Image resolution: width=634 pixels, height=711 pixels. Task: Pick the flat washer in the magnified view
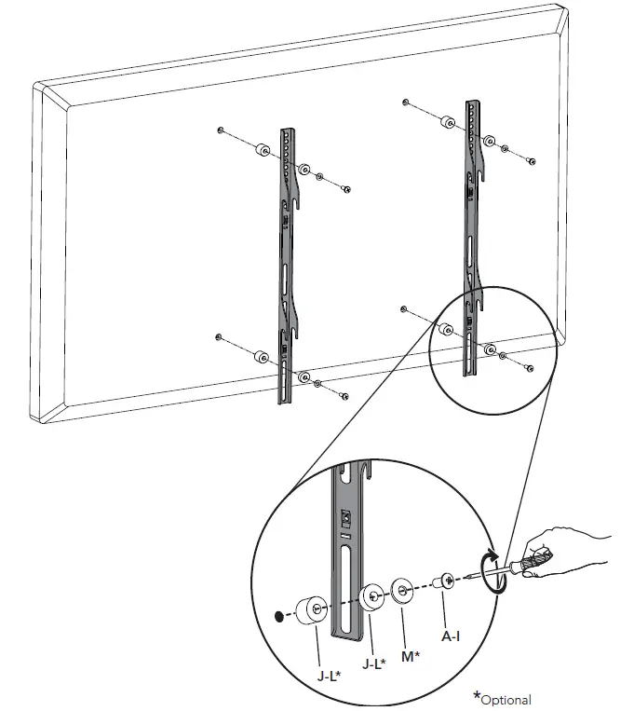(404, 591)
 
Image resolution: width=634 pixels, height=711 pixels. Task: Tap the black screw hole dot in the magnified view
(277, 616)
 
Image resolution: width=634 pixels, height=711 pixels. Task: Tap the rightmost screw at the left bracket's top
(345, 189)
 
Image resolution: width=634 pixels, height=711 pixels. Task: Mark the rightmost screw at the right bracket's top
(530, 161)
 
